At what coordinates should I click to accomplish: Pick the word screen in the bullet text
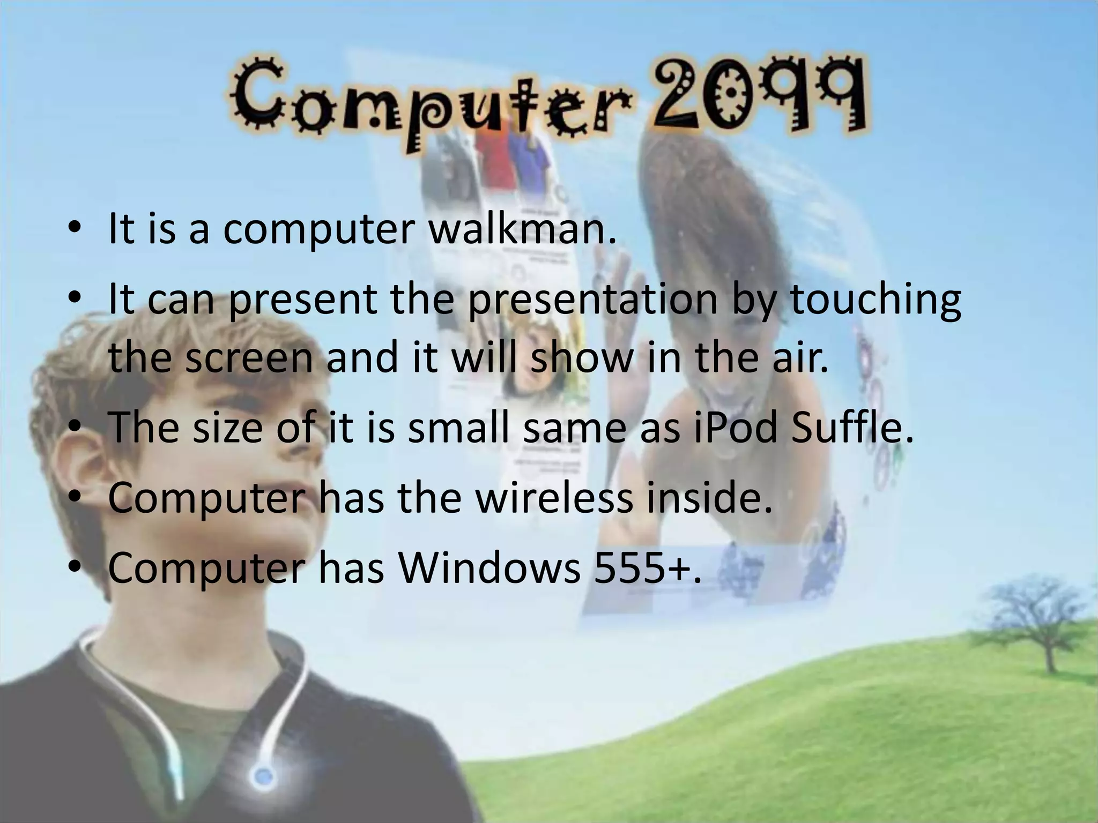(249, 358)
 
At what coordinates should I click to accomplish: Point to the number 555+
(640, 569)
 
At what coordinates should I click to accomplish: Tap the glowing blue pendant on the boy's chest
(263, 775)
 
